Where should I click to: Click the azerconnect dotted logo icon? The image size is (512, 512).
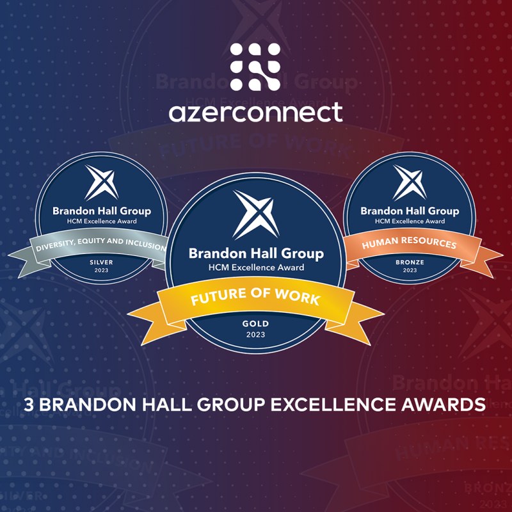255,67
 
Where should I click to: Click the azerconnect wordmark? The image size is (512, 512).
255,113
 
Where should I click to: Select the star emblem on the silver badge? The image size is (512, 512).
102,182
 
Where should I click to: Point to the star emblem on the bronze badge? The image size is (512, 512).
410,182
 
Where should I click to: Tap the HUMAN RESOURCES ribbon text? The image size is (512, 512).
409,243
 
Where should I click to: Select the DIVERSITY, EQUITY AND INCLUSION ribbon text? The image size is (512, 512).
101,244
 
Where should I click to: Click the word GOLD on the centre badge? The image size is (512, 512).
255,324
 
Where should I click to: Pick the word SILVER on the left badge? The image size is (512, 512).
101,262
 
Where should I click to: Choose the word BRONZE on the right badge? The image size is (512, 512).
410,262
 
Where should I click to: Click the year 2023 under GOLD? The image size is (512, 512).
255,335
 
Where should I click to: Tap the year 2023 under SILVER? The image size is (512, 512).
101,270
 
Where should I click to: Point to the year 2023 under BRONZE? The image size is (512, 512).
410,270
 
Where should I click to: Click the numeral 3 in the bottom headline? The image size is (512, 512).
29,404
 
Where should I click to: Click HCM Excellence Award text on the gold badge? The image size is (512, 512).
257,268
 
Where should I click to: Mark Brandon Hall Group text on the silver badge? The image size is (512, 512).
102,211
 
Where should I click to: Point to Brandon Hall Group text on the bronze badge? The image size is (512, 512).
410,211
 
